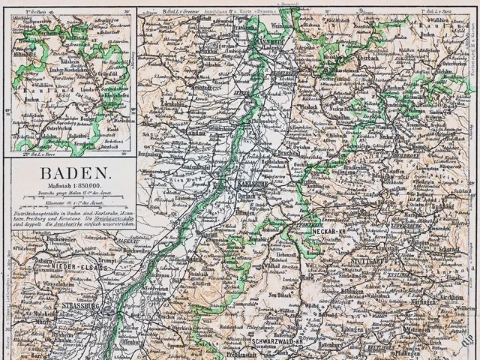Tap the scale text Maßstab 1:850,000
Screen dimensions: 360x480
[x=70, y=186]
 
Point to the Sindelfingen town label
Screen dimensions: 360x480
[x=373, y=277]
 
